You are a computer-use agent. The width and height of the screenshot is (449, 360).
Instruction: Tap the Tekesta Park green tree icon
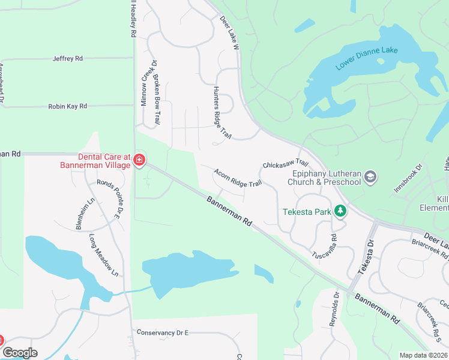(340, 211)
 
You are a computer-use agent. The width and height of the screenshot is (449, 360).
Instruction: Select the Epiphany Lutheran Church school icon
(370, 176)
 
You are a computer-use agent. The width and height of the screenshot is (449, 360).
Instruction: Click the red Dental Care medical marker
(139, 160)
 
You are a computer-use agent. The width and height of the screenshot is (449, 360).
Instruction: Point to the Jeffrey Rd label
(67, 59)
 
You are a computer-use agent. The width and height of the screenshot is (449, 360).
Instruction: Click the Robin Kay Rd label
(68, 106)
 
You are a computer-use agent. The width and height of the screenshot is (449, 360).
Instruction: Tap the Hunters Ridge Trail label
(221, 113)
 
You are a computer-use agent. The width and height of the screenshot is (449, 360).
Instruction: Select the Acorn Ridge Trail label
(238, 178)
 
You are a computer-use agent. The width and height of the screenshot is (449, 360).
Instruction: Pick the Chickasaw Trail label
(285, 164)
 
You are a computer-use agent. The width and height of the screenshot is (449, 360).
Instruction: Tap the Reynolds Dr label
(335, 310)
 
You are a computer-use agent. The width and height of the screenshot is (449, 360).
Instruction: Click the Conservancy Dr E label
(162, 332)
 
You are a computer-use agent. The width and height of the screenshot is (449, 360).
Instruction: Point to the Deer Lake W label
(229, 31)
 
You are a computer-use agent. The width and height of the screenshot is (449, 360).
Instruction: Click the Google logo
(20, 353)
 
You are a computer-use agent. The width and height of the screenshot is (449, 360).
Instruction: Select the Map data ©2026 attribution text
(423, 355)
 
